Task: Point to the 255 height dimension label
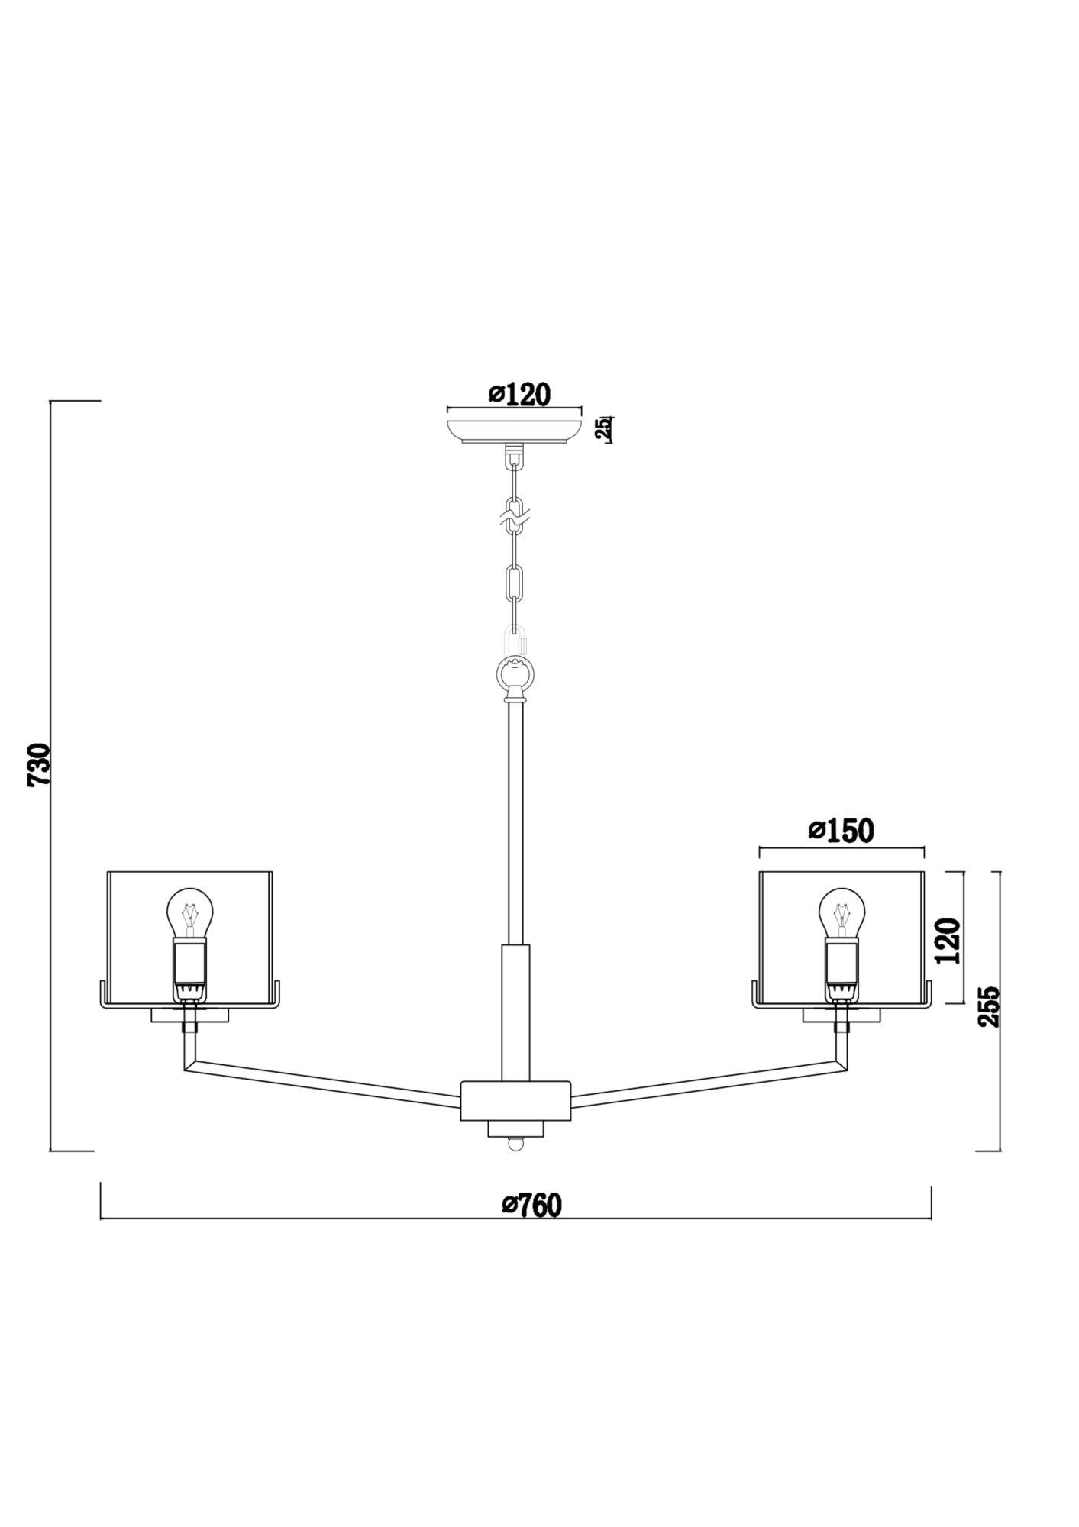click(990, 1007)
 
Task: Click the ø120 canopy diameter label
click(519, 394)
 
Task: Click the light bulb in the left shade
click(190, 913)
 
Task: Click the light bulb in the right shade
click(842, 913)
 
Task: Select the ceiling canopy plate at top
click(514, 429)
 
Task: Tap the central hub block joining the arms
click(516, 1100)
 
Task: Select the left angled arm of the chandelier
click(321, 1079)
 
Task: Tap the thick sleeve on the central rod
click(515, 1012)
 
